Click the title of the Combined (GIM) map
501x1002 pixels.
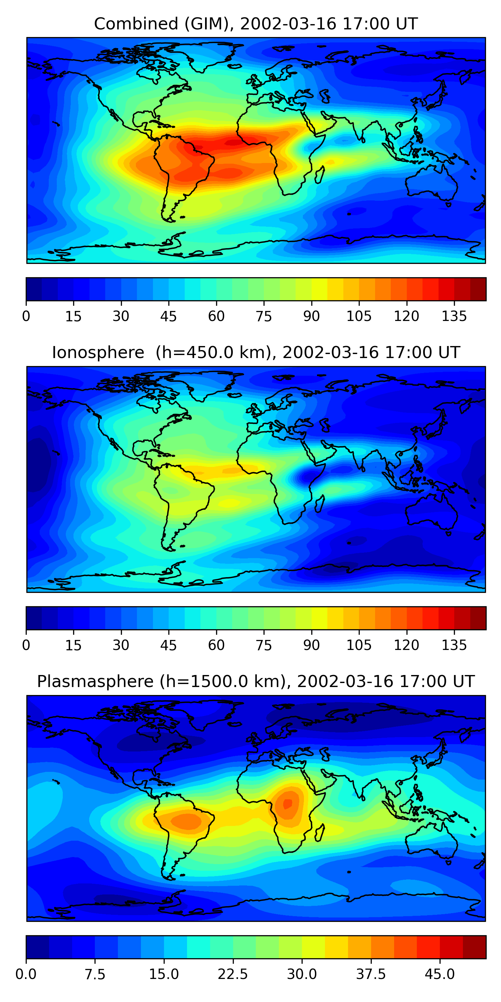click(256, 24)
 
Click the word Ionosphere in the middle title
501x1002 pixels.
click(98, 352)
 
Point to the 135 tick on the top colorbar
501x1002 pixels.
click(454, 316)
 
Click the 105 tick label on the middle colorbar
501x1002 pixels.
click(359, 645)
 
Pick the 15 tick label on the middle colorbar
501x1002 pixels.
click(73, 645)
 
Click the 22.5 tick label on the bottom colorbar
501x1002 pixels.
click(232, 974)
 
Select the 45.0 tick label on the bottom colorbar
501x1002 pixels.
click(440, 974)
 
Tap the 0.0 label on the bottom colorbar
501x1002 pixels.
click(26, 974)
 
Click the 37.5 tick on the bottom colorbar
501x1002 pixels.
click(371, 974)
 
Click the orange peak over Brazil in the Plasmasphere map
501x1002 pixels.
click(187, 821)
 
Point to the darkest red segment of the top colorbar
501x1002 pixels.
click(478, 289)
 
